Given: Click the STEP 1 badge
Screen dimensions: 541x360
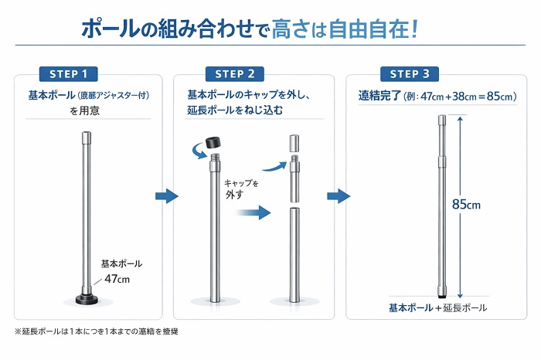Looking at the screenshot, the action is tap(68, 74).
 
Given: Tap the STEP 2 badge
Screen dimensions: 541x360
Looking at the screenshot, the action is tap(235, 74).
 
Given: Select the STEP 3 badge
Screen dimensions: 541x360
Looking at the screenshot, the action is tap(410, 74).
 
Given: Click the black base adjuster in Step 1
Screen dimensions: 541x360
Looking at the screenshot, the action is tap(87, 298).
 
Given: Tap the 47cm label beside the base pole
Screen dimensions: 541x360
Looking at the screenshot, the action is tap(117, 279).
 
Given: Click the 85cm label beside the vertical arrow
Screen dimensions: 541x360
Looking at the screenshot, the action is tap(466, 205).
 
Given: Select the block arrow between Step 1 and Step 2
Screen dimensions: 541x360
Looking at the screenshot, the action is tap(167, 196).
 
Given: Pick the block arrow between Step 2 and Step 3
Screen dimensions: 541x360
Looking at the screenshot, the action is tap(339, 196).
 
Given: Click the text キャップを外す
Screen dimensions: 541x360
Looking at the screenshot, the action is tap(241, 189).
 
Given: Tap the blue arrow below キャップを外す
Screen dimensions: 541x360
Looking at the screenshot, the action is tap(253, 212).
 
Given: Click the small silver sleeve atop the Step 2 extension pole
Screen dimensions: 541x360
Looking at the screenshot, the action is tap(294, 143).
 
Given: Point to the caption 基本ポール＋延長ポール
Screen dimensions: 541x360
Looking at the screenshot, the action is tap(437, 307).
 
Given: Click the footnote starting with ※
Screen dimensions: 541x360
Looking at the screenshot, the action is tap(97, 331).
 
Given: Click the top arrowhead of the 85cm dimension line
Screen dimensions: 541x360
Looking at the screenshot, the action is tap(460, 119).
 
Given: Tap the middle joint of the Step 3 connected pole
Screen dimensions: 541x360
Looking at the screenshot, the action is tap(442, 161).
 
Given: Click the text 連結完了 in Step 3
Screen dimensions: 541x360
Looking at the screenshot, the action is tap(379, 96).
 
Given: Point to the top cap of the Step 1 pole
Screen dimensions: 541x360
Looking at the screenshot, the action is tap(87, 138).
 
